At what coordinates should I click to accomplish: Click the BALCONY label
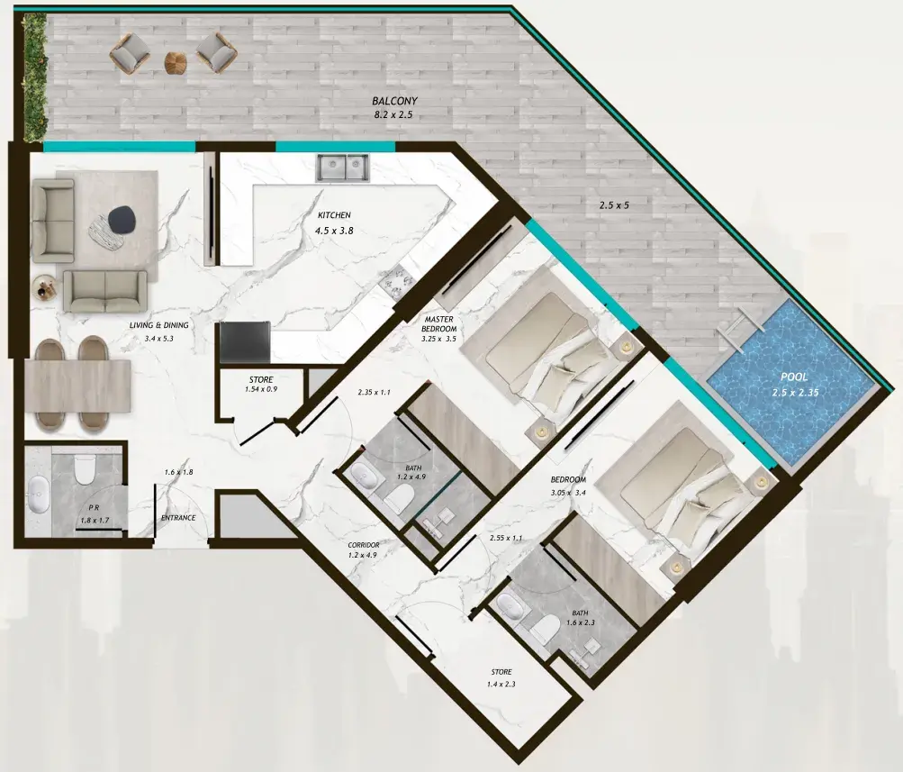(394, 102)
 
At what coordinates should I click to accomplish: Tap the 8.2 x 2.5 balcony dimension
(393, 115)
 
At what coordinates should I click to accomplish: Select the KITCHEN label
(334, 215)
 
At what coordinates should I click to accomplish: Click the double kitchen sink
(342, 167)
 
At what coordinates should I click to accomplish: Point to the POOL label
(794, 377)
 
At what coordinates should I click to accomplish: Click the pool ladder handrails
(740, 329)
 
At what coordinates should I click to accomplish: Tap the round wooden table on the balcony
(175, 62)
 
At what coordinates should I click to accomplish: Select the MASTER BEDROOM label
(438, 323)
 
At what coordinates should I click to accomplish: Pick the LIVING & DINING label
(159, 325)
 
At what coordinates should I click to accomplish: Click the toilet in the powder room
(85, 468)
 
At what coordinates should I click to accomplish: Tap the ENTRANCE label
(178, 518)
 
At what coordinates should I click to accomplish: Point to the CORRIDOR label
(364, 545)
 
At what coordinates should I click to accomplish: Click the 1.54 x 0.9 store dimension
(261, 389)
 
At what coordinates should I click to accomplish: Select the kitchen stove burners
(397, 279)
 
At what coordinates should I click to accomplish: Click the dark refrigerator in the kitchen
(245, 342)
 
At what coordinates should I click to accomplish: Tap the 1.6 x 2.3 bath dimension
(581, 622)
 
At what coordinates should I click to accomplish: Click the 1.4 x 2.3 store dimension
(501, 685)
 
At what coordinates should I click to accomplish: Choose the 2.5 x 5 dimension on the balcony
(614, 205)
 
